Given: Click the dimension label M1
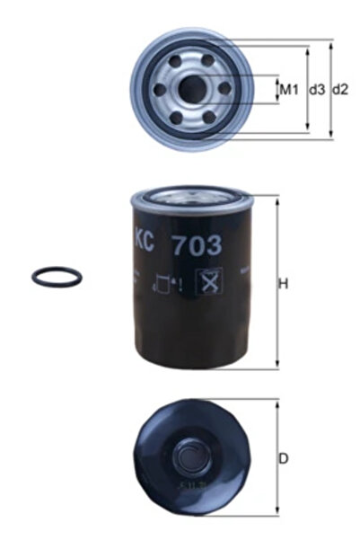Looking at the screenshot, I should (288, 89).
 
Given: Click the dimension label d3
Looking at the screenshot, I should (316, 89).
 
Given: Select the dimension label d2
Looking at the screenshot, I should (340, 89).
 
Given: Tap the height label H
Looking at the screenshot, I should (283, 285).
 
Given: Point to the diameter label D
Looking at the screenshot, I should (284, 459).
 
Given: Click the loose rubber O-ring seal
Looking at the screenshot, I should (57, 276).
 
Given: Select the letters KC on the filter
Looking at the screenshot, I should (145, 240).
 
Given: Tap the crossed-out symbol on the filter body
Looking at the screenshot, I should (213, 282).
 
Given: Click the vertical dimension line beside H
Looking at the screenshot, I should (275, 283).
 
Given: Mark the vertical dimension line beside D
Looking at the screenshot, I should (275, 458).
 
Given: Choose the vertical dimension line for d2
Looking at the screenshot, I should (331, 89).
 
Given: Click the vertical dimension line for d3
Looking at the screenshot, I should (308, 89).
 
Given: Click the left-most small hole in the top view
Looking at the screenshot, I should (162, 89).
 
